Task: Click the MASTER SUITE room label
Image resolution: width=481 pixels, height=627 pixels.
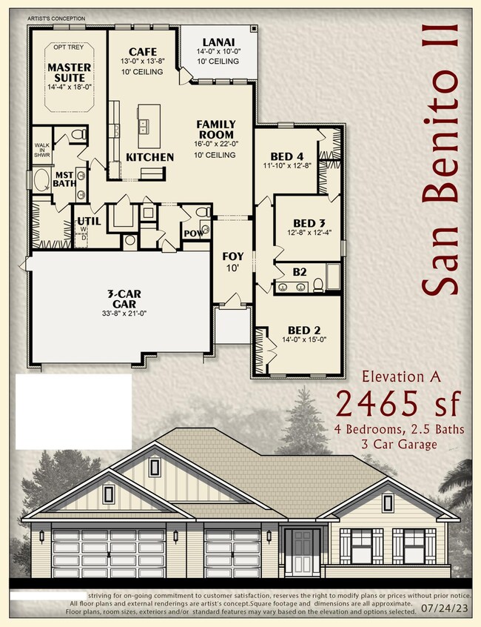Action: click(x=70, y=72)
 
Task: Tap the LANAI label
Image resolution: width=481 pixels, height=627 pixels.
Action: click(x=218, y=42)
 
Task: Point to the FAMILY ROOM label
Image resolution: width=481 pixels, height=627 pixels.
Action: click(x=216, y=129)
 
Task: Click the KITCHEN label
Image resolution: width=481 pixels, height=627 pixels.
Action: click(x=149, y=157)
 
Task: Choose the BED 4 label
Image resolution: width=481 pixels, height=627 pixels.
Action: click(x=287, y=156)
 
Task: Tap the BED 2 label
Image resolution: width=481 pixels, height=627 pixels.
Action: click(x=303, y=330)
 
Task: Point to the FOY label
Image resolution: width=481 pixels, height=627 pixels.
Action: click(x=233, y=256)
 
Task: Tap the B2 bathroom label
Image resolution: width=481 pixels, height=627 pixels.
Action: click(x=299, y=272)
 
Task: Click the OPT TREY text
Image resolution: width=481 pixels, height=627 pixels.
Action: click(x=68, y=47)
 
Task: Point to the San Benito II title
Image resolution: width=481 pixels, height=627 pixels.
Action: click(x=442, y=158)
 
